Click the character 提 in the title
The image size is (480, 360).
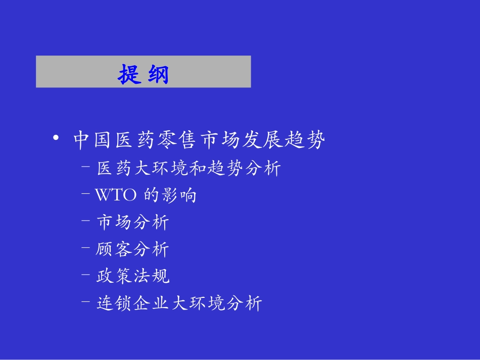pos(130,74)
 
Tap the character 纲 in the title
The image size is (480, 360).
pos(159,74)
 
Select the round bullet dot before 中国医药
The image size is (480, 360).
pos(56,138)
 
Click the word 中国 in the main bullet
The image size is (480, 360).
pos(92,140)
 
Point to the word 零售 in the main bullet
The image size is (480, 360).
pos(176,140)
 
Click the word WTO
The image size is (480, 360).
pos(116,195)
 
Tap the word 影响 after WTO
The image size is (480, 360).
pos(179,195)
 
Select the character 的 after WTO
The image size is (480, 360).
pos(152,195)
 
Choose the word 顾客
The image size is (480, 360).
pos(114,249)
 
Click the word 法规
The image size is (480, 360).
pos(151,276)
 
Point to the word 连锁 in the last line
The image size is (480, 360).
pos(114,303)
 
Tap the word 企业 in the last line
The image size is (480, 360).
pos(151,303)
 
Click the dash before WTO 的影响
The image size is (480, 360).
pos(86,193)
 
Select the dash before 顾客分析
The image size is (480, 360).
pos(86,247)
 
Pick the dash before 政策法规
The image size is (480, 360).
pos(86,274)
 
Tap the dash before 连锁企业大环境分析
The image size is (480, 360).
pos(86,301)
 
